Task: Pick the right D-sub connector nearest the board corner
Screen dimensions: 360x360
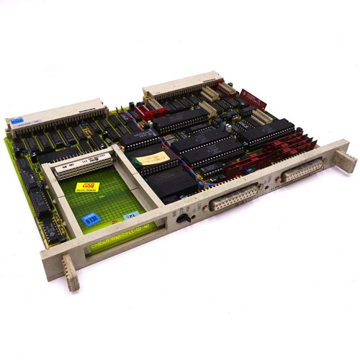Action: pyautogui.click(x=303, y=171)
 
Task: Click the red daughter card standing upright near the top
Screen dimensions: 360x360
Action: pyautogui.click(x=253, y=99)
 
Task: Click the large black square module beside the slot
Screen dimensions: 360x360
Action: pyautogui.click(x=174, y=183)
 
